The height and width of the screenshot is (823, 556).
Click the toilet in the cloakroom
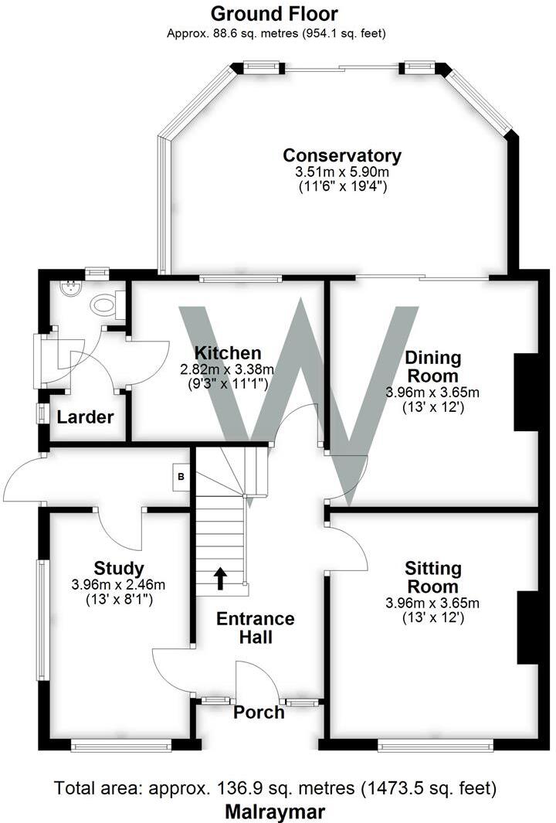pyautogui.click(x=107, y=304)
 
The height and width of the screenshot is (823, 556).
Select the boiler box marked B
pyautogui.click(x=181, y=477)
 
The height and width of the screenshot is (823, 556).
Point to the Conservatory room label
pyautogui.click(x=342, y=155)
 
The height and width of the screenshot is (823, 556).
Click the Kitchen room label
pyautogui.click(x=227, y=352)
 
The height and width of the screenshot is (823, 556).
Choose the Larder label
pyautogui.click(x=85, y=417)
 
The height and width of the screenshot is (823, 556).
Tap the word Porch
pyautogui.click(x=259, y=712)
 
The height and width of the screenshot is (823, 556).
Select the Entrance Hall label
pyautogui.click(x=255, y=627)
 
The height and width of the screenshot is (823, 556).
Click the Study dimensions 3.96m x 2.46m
pyautogui.click(x=119, y=585)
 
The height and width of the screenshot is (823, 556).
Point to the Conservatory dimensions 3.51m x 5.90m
pyautogui.click(x=342, y=172)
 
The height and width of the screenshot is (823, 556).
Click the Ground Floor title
pyautogui.click(x=273, y=13)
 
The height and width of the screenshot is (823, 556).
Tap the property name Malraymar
pyautogui.click(x=275, y=811)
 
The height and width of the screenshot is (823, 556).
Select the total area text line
pyautogui.click(x=275, y=789)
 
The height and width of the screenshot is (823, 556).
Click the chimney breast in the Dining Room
pyautogui.click(x=525, y=391)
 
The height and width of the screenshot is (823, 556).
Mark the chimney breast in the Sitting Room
pyautogui.click(x=527, y=627)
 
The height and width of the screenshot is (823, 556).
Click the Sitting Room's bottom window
pyautogui.click(x=436, y=745)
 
